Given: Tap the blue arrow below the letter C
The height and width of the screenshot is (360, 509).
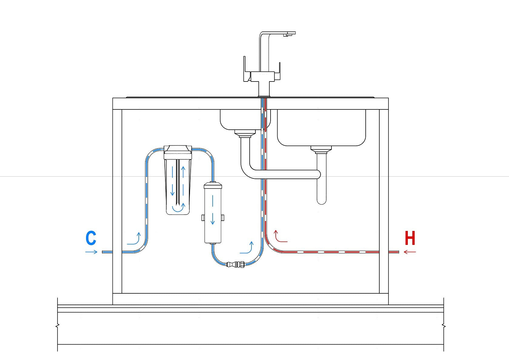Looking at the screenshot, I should pyautogui.click(x=91, y=252).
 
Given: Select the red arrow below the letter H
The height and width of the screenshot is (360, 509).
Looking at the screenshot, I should pyautogui.click(x=410, y=252).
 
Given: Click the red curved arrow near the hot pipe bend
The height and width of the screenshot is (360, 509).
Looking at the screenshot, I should pyautogui.click(x=280, y=237).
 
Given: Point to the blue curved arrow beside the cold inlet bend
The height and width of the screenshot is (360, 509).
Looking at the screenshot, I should pyautogui.click(x=134, y=239).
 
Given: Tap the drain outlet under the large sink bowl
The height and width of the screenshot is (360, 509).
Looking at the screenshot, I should pyautogui.click(x=321, y=149).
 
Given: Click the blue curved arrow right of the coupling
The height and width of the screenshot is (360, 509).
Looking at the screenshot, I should pyautogui.click(x=247, y=248).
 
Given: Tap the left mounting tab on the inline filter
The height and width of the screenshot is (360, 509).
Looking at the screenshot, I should pyautogui.click(x=203, y=218).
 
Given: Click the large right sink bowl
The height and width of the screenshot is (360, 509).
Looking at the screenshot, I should pyautogui.click(x=321, y=127).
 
